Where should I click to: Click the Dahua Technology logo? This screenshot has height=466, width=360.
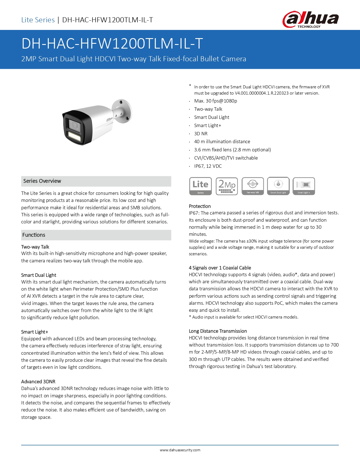[x=310, y=19]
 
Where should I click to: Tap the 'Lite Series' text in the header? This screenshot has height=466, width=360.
[x=38, y=20]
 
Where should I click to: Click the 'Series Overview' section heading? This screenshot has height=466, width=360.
[x=42, y=181]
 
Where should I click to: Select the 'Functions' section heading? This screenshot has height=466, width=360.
[x=34, y=235]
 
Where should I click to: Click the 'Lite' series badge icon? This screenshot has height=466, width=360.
[x=200, y=186]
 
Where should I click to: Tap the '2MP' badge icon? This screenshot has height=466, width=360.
[x=227, y=186]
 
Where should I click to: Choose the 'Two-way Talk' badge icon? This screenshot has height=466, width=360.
[x=253, y=186]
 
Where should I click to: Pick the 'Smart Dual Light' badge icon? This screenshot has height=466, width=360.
[x=278, y=186]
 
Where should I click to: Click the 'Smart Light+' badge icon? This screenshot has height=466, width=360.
[x=304, y=186]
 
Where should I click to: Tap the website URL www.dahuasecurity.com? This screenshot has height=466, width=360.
[x=180, y=450]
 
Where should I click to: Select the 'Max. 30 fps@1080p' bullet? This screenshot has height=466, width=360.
[x=215, y=101]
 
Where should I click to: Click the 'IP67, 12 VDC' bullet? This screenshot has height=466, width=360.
[x=208, y=166]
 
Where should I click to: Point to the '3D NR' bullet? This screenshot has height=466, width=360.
[x=201, y=134]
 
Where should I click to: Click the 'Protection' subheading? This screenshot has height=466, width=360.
[x=200, y=206]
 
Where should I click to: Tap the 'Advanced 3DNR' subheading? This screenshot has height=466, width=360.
[x=38, y=382]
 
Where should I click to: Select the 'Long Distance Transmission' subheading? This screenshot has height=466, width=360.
[x=218, y=331]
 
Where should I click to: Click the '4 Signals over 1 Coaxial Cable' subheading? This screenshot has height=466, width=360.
[x=220, y=268]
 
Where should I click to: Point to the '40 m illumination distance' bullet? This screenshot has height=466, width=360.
[x=222, y=141]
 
